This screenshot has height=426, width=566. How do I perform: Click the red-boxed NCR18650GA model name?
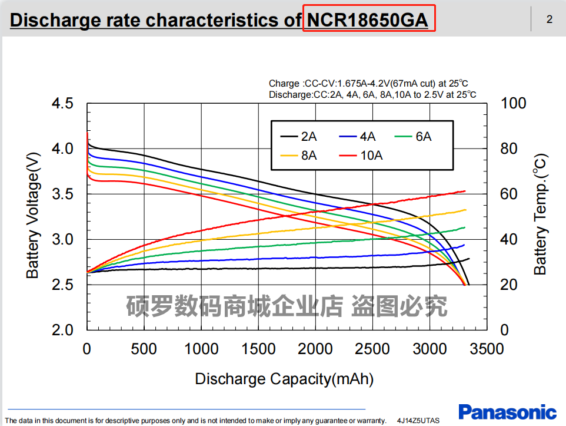[x=369, y=19]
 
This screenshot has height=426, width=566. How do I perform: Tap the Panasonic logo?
[x=507, y=412]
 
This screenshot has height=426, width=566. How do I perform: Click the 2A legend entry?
[x=299, y=137]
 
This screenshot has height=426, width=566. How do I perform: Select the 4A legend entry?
[x=357, y=137]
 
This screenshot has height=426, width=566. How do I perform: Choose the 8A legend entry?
[x=299, y=156]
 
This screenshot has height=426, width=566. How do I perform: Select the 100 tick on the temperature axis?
[x=514, y=104]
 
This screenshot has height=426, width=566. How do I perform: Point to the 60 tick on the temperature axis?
[x=510, y=194]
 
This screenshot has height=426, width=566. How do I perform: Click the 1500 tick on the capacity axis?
[x=258, y=349]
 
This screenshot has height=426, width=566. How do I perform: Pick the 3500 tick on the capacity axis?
[x=487, y=349]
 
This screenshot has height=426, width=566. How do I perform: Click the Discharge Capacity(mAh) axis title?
[x=284, y=379]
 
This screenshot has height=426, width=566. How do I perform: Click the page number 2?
[x=550, y=19]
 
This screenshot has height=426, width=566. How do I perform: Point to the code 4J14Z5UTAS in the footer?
[x=418, y=421]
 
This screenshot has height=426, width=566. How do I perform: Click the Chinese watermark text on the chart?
[x=287, y=306]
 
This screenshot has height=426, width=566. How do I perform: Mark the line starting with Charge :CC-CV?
[x=368, y=84]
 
